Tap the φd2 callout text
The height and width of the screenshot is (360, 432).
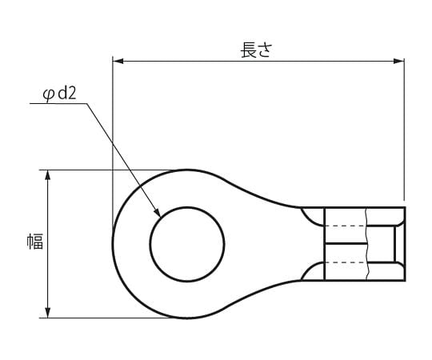tap(59, 94)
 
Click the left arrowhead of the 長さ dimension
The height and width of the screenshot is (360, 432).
tap(117, 60)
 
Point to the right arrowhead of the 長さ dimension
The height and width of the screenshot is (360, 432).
tap(401, 60)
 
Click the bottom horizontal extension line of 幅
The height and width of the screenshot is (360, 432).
tap(104, 318)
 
